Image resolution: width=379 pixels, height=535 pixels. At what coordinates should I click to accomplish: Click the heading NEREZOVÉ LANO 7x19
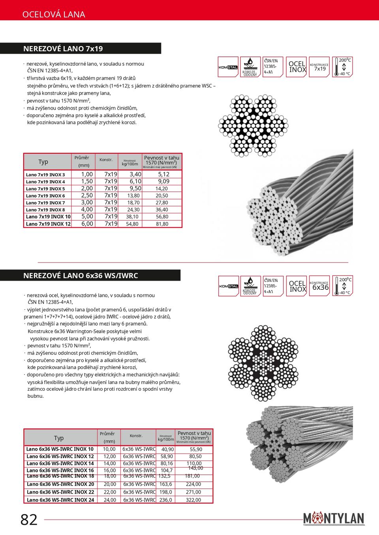click(63, 48)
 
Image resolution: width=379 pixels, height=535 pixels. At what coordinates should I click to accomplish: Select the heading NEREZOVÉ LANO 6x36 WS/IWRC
click(81, 276)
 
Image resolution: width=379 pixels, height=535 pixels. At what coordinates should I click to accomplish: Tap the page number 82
click(29, 520)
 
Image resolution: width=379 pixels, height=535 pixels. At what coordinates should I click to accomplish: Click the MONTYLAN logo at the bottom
click(334, 518)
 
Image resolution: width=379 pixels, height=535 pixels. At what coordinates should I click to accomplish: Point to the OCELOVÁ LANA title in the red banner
click(54, 15)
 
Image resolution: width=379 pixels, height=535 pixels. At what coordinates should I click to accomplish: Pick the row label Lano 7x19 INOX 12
click(48, 224)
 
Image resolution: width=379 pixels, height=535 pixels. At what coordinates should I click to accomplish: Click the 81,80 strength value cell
click(162, 224)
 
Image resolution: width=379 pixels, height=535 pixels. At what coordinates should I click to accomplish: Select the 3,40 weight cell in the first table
click(135, 174)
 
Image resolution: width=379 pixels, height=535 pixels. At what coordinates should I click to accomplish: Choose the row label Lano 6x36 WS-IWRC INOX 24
click(60, 500)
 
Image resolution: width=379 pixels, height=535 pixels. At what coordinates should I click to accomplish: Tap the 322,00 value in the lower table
click(193, 500)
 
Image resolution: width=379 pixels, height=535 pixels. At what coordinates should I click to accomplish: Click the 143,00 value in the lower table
click(195, 468)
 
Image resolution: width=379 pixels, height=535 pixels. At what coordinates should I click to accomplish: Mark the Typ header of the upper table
click(43, 162)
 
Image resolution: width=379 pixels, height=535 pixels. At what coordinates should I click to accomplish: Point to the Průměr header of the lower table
click(107, 434)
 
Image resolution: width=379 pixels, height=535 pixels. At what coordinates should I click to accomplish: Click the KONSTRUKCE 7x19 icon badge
click(319, 67)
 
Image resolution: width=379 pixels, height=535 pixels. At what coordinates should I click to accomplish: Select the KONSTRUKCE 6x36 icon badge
click(319, 286)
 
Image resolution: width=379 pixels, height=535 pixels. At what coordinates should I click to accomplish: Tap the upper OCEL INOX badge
click(296, 67)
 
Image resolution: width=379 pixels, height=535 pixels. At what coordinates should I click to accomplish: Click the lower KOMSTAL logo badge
click(229, 286)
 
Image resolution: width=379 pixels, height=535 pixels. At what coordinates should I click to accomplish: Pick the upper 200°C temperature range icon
click(342, 67)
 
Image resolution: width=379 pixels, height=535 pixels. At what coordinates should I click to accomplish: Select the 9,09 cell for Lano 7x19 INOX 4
click(163, 181)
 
